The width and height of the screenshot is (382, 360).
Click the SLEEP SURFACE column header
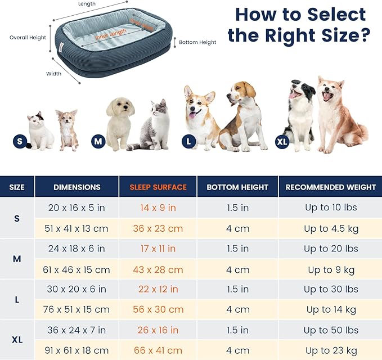pos(158,187)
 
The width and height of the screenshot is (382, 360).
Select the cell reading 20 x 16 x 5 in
pos(77,208)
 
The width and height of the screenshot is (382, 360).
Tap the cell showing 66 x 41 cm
pos(158,350)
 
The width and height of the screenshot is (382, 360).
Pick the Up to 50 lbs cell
pos(331,330)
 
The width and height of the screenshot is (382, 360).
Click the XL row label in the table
pos(17,340)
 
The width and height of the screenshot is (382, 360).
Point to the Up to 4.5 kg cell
pos(331,228)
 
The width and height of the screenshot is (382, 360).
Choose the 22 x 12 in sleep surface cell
pos(158,289)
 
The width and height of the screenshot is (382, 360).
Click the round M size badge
pos(98,141)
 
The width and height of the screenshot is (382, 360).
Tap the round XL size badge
pos(282,141)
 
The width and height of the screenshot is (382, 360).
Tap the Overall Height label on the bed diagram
pos(28,38)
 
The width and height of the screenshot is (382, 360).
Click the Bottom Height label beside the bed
pos(197,42)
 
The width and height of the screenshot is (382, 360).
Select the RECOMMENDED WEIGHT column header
pos(331,187)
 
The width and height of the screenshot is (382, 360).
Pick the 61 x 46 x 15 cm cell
pos(77,269)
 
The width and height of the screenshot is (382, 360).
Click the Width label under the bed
pos(54,73)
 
